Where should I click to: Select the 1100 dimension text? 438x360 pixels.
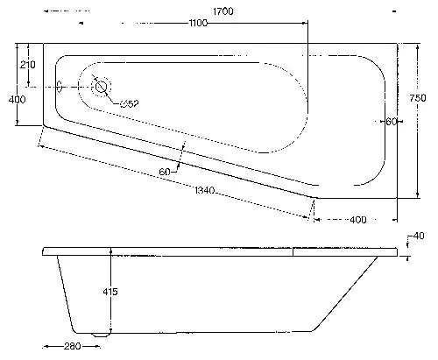coord(197,24)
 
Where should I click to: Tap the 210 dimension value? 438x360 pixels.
coord(27,65)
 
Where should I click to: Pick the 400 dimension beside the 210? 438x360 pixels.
coord(16,99)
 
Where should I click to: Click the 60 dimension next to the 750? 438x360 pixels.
coord(391,121)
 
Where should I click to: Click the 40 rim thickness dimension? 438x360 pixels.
coord(419,236)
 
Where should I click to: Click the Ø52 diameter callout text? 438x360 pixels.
coord(129,105)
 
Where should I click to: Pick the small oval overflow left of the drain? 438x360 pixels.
coord(60,88)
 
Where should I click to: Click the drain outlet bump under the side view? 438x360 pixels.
coord(98,334)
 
